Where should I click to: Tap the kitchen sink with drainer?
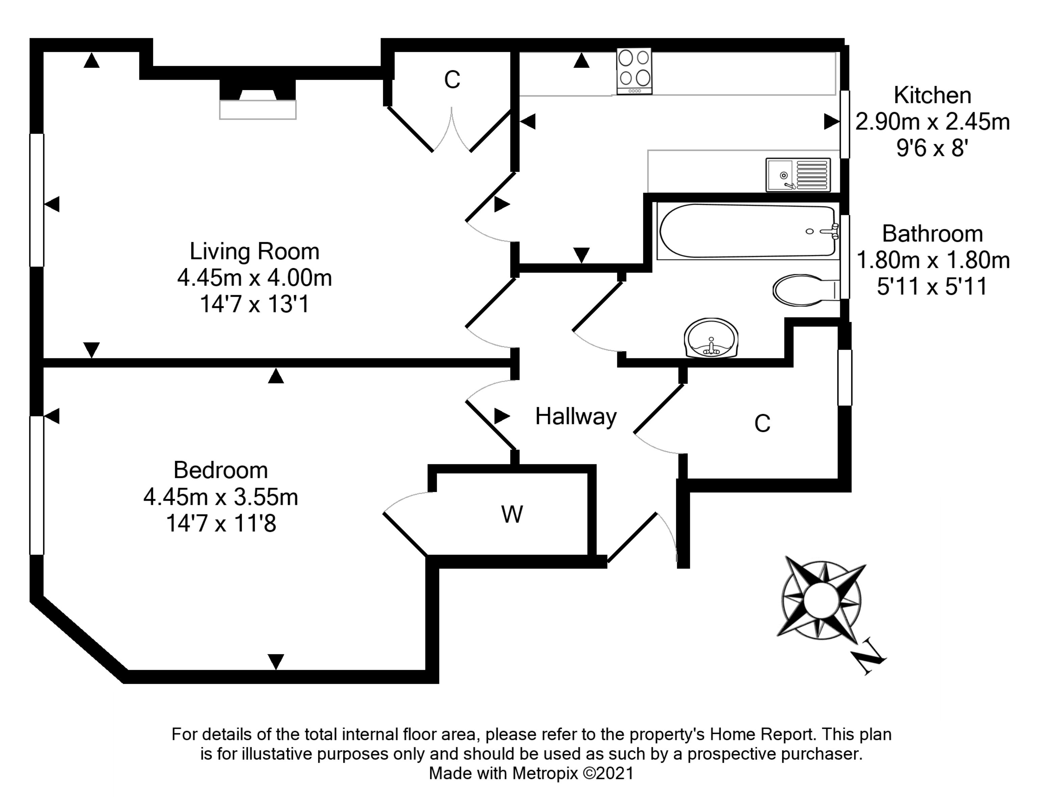tap(798, 175)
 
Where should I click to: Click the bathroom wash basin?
tap(711, 338)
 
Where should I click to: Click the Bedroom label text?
tap(220, 470)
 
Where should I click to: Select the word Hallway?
tap(576, 416)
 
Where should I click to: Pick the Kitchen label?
tap(932, 95)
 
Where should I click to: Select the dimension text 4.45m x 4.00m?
tap(254, 278)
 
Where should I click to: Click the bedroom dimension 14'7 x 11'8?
tap(220, 524)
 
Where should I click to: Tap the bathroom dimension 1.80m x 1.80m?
tap(932, 260)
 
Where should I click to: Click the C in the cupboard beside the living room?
tap(452, 80)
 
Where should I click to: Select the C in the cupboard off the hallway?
tap(762, 423)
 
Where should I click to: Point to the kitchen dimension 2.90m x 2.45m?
tap(932, 122)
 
